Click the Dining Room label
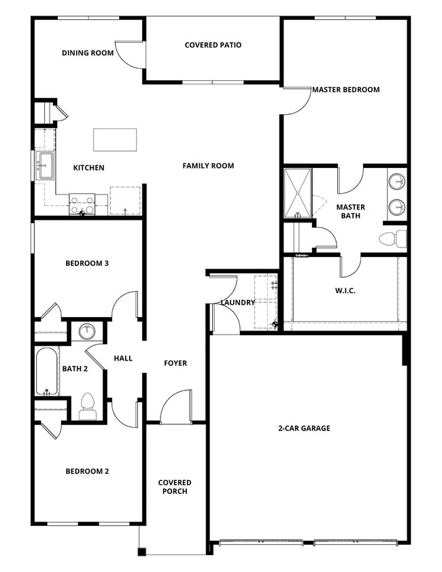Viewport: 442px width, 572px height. (x=88, y=52)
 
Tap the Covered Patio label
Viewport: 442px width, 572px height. (x=213, y=46)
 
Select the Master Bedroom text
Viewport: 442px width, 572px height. (x=345, y=89)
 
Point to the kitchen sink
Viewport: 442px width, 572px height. (x=46, y=165)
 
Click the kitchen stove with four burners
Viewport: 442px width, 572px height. (x=82, y=204)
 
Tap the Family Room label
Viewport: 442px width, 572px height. (x=208, y=165)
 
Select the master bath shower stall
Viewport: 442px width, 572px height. (x=297, y=192)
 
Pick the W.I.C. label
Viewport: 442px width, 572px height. (x=346, y=291)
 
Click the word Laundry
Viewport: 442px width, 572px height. (x=238, y=303)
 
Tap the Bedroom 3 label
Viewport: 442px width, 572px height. (x=87, y=263)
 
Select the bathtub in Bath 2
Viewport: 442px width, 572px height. (x=47, y=371)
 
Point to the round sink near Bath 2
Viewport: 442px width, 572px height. (x=86, y=332)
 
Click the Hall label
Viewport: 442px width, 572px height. (x=123, y=358)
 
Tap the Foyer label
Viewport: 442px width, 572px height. (x=175, y=363)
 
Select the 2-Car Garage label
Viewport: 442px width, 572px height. (x=304, y=428)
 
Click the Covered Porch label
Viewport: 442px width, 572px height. (x=175, y=487)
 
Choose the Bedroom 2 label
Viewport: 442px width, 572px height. (x=87, y=471)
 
